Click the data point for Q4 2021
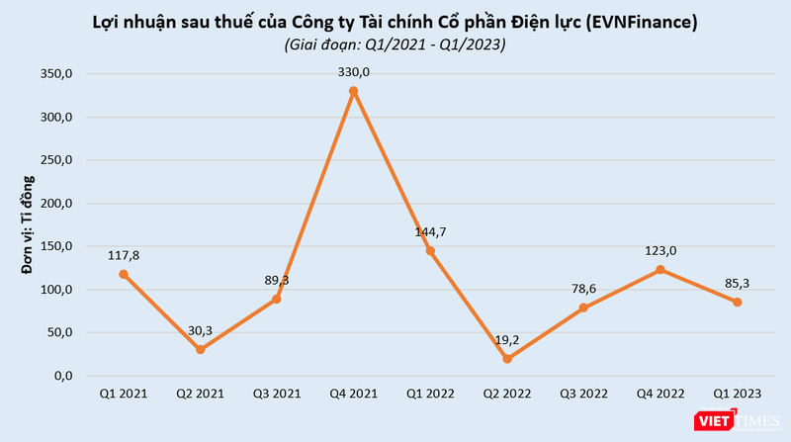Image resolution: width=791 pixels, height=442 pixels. pyautogui.click(x=354, y=91)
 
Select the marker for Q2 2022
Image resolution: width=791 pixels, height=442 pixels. pyautogui.click(x=507, y=359)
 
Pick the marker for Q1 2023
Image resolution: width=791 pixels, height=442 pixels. pyautogui.click(x=738, y=302)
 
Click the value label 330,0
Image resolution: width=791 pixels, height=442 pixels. pyautogui.click(x=354, y=72)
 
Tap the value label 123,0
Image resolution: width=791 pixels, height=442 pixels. pyautogui.click(x=660, y=250)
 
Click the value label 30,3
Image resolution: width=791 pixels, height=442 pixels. pyautogui.click(x=201, y=329)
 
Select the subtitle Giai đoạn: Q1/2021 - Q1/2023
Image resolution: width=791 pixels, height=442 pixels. pyautogui.click(x=394, y=44)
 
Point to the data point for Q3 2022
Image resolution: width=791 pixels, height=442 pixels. pyautogui.click(x=583, y=308)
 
